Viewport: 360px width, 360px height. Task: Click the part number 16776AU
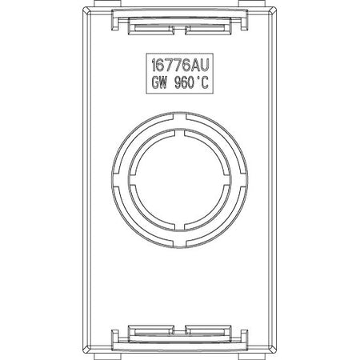180,66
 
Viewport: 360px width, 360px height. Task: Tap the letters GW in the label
159,82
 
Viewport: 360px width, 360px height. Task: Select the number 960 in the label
184,82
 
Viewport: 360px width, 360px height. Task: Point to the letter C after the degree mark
203,82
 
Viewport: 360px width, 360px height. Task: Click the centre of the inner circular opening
180,180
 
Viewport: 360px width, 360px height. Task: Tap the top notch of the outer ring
180,117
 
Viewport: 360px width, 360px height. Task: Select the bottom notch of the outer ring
180,242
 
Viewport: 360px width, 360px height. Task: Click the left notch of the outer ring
116,180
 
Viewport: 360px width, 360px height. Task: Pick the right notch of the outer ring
244,180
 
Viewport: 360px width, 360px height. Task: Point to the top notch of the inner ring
180,133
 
